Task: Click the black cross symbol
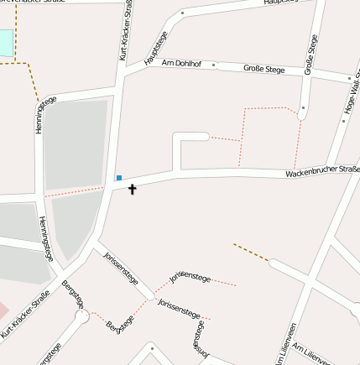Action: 132,190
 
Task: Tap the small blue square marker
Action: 119,178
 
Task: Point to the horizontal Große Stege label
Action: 263,69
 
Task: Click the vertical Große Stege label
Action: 311,55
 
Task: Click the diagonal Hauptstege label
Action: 156,48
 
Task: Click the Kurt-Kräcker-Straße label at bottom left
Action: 26,315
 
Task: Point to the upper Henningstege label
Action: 43,116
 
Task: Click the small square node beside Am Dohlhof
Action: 213,64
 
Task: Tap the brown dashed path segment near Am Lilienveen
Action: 250,252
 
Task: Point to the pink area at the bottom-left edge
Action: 3,310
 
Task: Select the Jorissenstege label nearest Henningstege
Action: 119,269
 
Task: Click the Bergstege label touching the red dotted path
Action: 121,326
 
